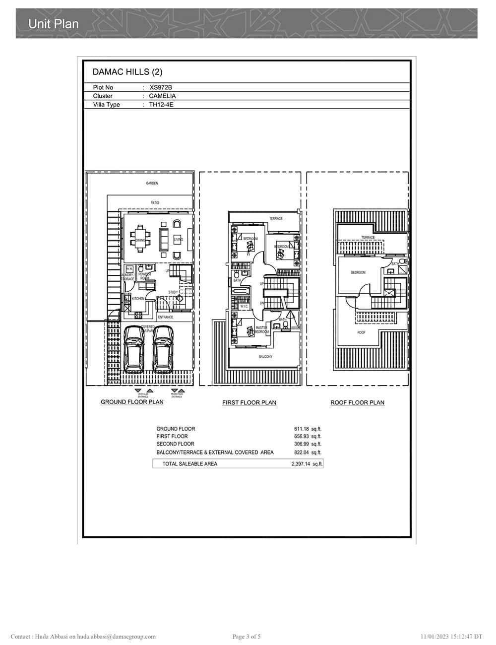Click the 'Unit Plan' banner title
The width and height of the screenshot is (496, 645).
click(x=54, y=23)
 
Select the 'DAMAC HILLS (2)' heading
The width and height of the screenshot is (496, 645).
click(x=127, y=72)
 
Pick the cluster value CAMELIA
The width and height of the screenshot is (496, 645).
click(x=162, y=96)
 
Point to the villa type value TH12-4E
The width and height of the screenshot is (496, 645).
click(x=161, y=105)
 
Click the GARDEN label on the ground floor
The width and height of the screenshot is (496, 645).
click(x=152, y=183)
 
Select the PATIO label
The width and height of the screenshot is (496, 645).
click(x=155, y=203)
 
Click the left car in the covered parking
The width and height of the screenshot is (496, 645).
click(x=134, y=350)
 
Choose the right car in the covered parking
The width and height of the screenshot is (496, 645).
click(x=163, y=350)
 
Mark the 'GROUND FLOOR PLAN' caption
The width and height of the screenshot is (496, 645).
click(x=132, y=402)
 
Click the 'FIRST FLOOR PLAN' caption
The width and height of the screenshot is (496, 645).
click(x=249, y=402)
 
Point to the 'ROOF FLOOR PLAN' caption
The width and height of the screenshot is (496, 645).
click(x=357, y=402)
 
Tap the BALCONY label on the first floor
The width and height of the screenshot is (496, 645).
click(x=265, y=357)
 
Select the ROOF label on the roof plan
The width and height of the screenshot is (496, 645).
click(x=361, y=332)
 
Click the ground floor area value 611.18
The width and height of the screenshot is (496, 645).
click(x=302, y=429)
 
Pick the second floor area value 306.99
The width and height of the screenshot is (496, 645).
click(x=302, y=444)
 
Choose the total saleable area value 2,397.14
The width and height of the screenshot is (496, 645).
click(x=301, y=464)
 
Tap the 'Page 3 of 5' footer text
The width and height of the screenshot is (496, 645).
click(x=247, y=637)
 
